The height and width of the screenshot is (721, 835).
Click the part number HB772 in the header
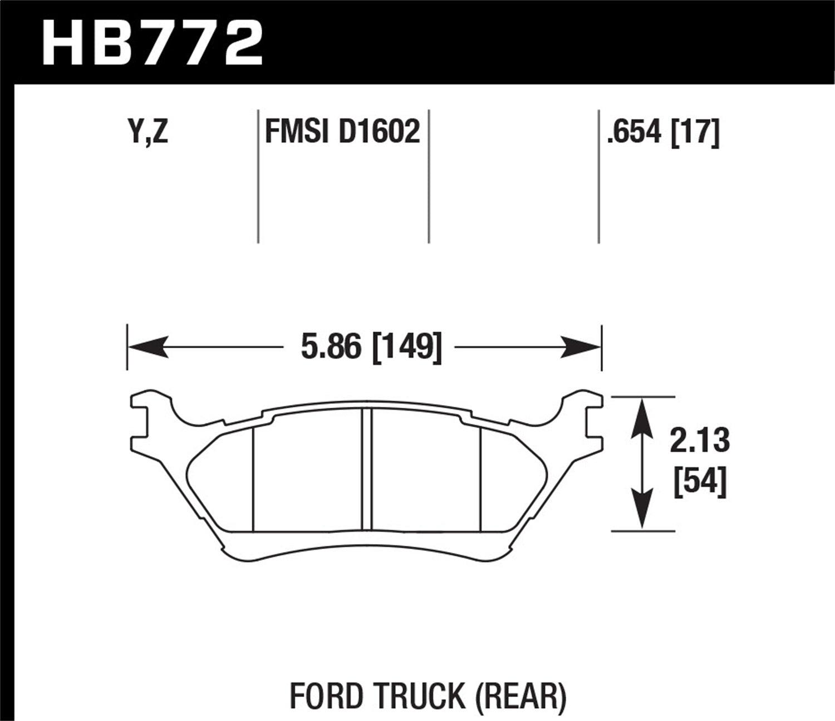point(152,42)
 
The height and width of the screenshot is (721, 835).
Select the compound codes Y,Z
point(147,133)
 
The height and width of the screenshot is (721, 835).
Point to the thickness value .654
point(635,133)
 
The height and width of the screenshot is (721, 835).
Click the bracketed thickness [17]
point(696,133)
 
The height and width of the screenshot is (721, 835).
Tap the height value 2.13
point(699,441)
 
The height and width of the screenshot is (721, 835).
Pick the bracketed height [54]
point(700,482)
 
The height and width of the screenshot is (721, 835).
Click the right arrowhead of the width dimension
point(582,347)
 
